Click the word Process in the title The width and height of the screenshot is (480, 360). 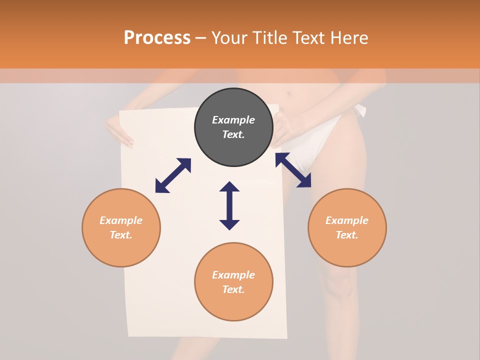[x=157, y=38]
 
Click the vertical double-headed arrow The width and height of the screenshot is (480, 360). [x=229, y=205]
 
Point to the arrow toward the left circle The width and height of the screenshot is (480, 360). [x=173, y=175]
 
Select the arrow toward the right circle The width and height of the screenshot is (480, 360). [x=293, y=170]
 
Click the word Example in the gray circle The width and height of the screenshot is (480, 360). [x=233, y=120]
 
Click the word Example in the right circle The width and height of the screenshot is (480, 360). [x=347, y=220]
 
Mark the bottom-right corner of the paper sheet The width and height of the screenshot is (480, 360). [x=286, y=337]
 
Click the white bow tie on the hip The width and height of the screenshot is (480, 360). [x=360, y=111]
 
